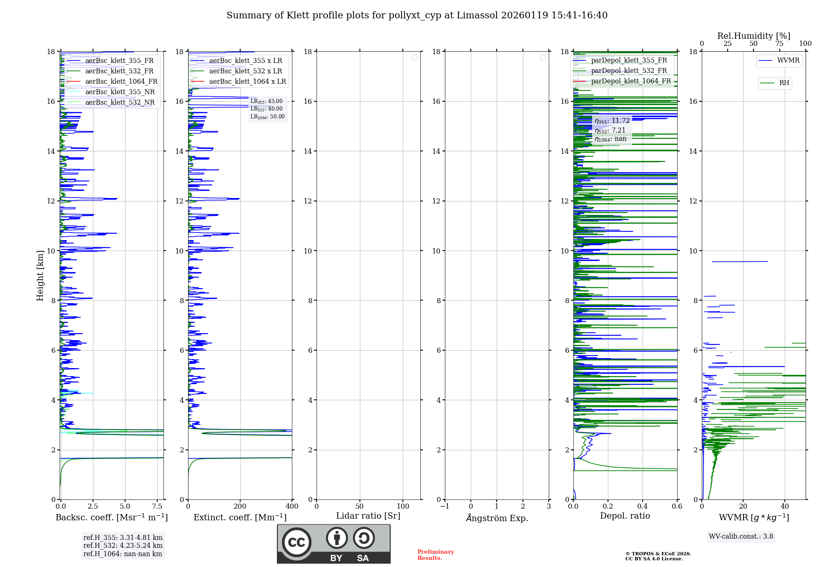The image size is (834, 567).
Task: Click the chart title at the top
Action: pos(417,15)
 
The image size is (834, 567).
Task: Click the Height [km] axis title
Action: pos(40,276)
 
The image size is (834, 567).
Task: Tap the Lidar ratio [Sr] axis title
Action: pos(368,516)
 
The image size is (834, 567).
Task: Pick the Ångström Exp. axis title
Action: pos(497,518)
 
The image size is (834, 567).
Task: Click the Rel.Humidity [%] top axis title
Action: pos(754,36)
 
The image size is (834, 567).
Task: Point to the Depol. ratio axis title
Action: pos(625,516)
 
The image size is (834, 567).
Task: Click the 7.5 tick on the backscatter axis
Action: pos(157,507)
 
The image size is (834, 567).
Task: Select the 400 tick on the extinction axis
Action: pos(292,507)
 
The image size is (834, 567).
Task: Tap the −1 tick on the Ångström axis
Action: pos(445,507)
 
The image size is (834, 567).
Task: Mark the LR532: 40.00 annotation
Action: pos(266,109)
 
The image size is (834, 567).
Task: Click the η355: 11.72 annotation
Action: pos(612,121)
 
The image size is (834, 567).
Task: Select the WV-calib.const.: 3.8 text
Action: pos(741,537)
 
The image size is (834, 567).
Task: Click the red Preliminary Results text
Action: pos(435,555)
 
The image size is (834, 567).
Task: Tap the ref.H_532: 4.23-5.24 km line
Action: pos(123,546)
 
